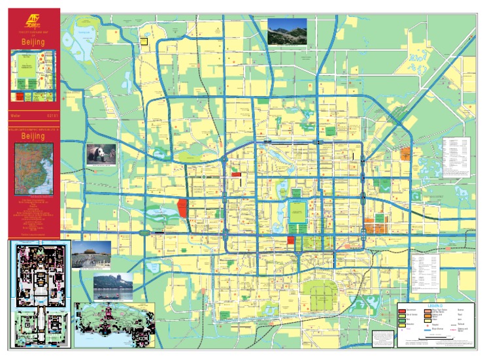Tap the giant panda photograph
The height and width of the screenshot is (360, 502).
coord(101,155)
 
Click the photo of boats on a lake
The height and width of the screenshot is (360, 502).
coord(112,287)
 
